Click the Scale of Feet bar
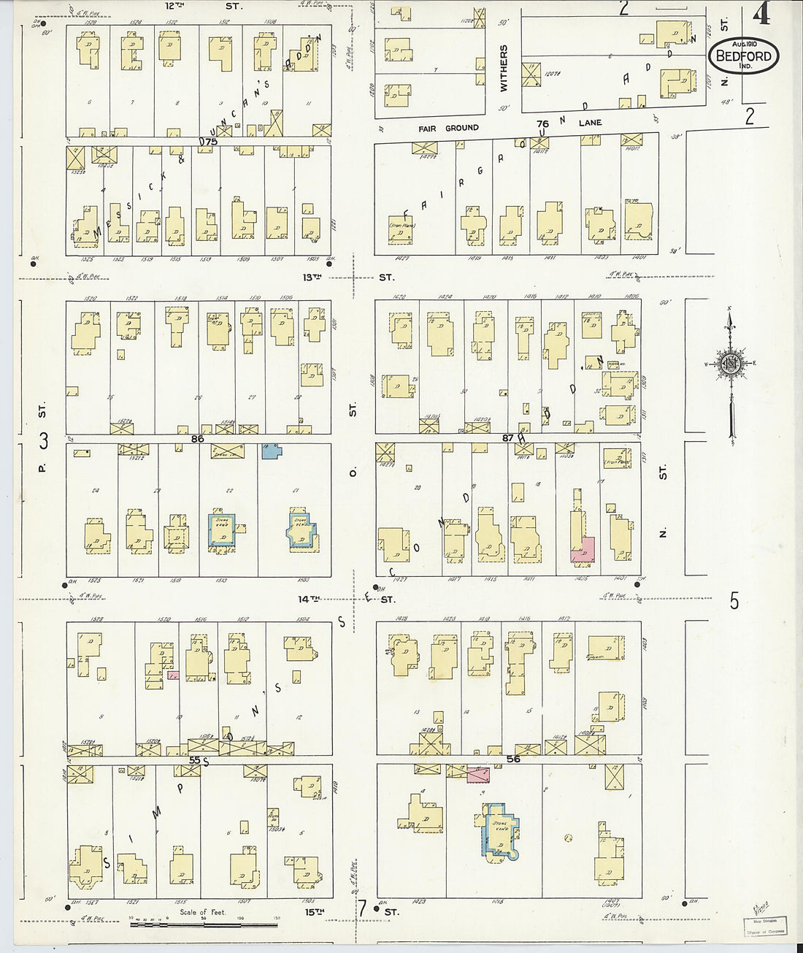click(204, 925)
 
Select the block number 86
click(197, 439)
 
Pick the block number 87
click(509, 437)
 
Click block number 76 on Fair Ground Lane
click(542, 124)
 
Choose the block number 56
click(513, 759)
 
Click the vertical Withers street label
click(503, 68)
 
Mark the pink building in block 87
click(583, 549)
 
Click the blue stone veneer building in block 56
click(499, 830)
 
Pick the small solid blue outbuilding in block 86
click(272, 451)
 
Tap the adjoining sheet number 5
click(734, 601)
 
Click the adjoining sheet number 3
click(44, 441)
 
